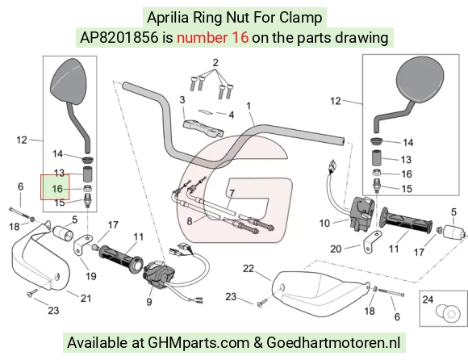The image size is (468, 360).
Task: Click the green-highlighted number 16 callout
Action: click(x=57, y=189)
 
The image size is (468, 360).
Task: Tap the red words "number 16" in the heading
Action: click(x=212, y=38)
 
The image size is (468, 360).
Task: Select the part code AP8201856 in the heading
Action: click(x=119, y=38)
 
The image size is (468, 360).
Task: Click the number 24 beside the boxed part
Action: click(x=428, y=299)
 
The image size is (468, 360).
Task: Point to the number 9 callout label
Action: click(x=149, y=302)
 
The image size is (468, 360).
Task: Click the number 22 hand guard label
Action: click(x=249, y=268)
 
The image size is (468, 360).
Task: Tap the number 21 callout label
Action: click(x=86, y=298)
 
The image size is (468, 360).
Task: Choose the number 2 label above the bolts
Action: click(x=215, y=63)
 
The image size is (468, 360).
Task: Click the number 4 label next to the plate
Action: click(x=232, y=115)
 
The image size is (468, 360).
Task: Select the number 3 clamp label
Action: click(x=182, y=100)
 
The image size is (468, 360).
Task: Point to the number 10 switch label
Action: click(x=324, y=223)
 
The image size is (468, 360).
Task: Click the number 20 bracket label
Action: click(x=336, y=249)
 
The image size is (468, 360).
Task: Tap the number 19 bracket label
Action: click(x=91, y=276)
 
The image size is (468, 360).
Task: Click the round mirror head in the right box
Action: click(x=420, y=80)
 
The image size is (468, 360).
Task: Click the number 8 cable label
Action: click(x=190, y=221)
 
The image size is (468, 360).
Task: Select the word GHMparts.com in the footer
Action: click(x=198, y=342)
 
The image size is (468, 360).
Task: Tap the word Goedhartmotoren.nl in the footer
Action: click(x=333, y=342)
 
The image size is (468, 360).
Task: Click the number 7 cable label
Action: click(x=232, y=193)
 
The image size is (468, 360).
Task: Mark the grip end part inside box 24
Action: click(x=446, y=313)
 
